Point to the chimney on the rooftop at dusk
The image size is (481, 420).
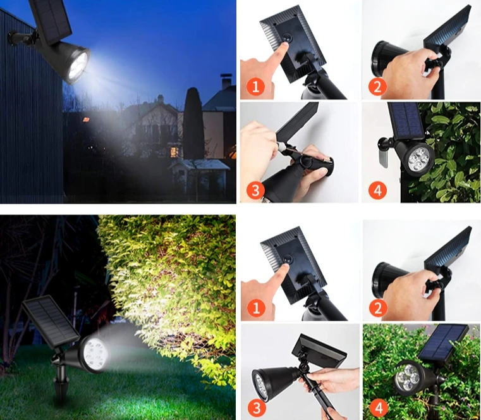pyautogui.click(x=225, y=82)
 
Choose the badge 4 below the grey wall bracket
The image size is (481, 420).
pyautogui.click(x=377, y=190)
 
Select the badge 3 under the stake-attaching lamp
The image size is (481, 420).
pyautogui.click(x=255, y=405)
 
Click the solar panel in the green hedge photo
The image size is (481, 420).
pyautogui.click(x=446, y=337)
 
